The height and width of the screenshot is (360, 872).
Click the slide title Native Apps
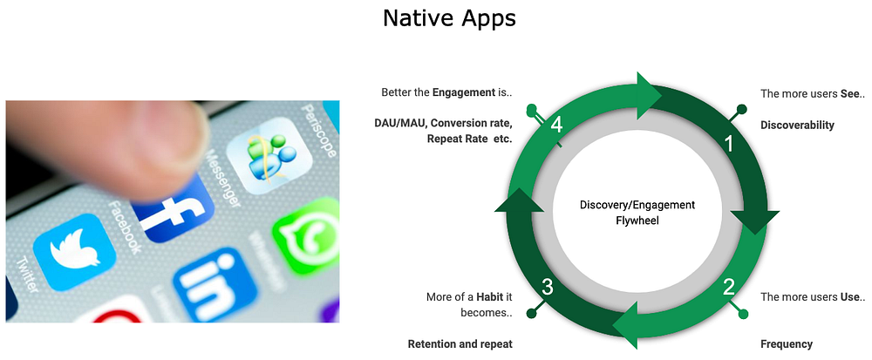(449, 19)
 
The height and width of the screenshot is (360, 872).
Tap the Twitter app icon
(74, 252)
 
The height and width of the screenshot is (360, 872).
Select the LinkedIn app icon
(215, 286)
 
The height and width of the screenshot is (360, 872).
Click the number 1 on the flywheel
(730, 144)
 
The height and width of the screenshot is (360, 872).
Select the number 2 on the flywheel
(728, 288)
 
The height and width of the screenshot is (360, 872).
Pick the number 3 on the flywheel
(548, 288)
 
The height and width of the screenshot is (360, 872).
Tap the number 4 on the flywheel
(556, 126)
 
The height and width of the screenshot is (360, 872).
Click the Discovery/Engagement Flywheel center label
(637, 213)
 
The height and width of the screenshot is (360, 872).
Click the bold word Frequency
(787, 344)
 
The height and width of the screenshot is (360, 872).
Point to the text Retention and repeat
(460, 344)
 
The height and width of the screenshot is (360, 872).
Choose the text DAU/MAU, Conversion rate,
(443, 123)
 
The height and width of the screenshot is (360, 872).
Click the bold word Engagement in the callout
(463, 92)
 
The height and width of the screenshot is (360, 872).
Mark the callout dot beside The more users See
(741, 108)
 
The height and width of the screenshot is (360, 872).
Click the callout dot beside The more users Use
(744, 315)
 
